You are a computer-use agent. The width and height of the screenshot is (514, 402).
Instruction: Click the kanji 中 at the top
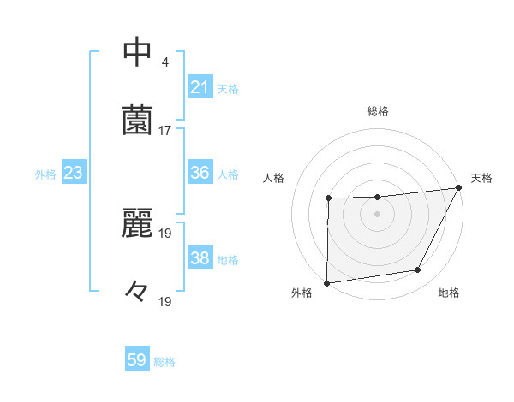point(138,51)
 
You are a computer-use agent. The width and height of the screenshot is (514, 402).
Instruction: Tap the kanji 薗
point(138,120)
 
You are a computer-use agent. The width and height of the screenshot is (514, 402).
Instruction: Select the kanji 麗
point(138,223)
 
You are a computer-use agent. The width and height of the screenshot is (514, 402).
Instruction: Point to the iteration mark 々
point(137,292)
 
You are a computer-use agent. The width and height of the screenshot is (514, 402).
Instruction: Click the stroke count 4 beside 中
point(164,62)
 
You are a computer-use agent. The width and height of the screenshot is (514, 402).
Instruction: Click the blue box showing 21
point(200,87)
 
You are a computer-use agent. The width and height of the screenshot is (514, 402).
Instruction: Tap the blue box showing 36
point(200,173)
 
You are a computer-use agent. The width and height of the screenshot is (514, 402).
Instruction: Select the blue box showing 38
point(200,258)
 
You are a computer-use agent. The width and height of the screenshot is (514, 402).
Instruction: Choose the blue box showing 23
point(73,173)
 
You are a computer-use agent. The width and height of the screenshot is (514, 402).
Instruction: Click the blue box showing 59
point(137,361)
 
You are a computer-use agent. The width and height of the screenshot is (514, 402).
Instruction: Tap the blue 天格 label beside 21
point(228,88)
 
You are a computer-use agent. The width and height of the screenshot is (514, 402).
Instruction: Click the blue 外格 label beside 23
point(45,174)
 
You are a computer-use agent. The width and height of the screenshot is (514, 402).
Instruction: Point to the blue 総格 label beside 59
point(164,362)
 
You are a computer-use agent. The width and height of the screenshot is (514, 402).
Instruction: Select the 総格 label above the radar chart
point(378,111)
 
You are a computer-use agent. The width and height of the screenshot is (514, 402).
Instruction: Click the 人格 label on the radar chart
point(273,178)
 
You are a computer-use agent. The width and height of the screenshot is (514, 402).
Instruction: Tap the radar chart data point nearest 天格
point(459,187)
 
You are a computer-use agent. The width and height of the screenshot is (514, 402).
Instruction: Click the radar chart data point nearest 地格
point(418,270)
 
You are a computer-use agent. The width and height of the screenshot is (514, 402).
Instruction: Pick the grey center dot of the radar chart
point(378,214)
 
